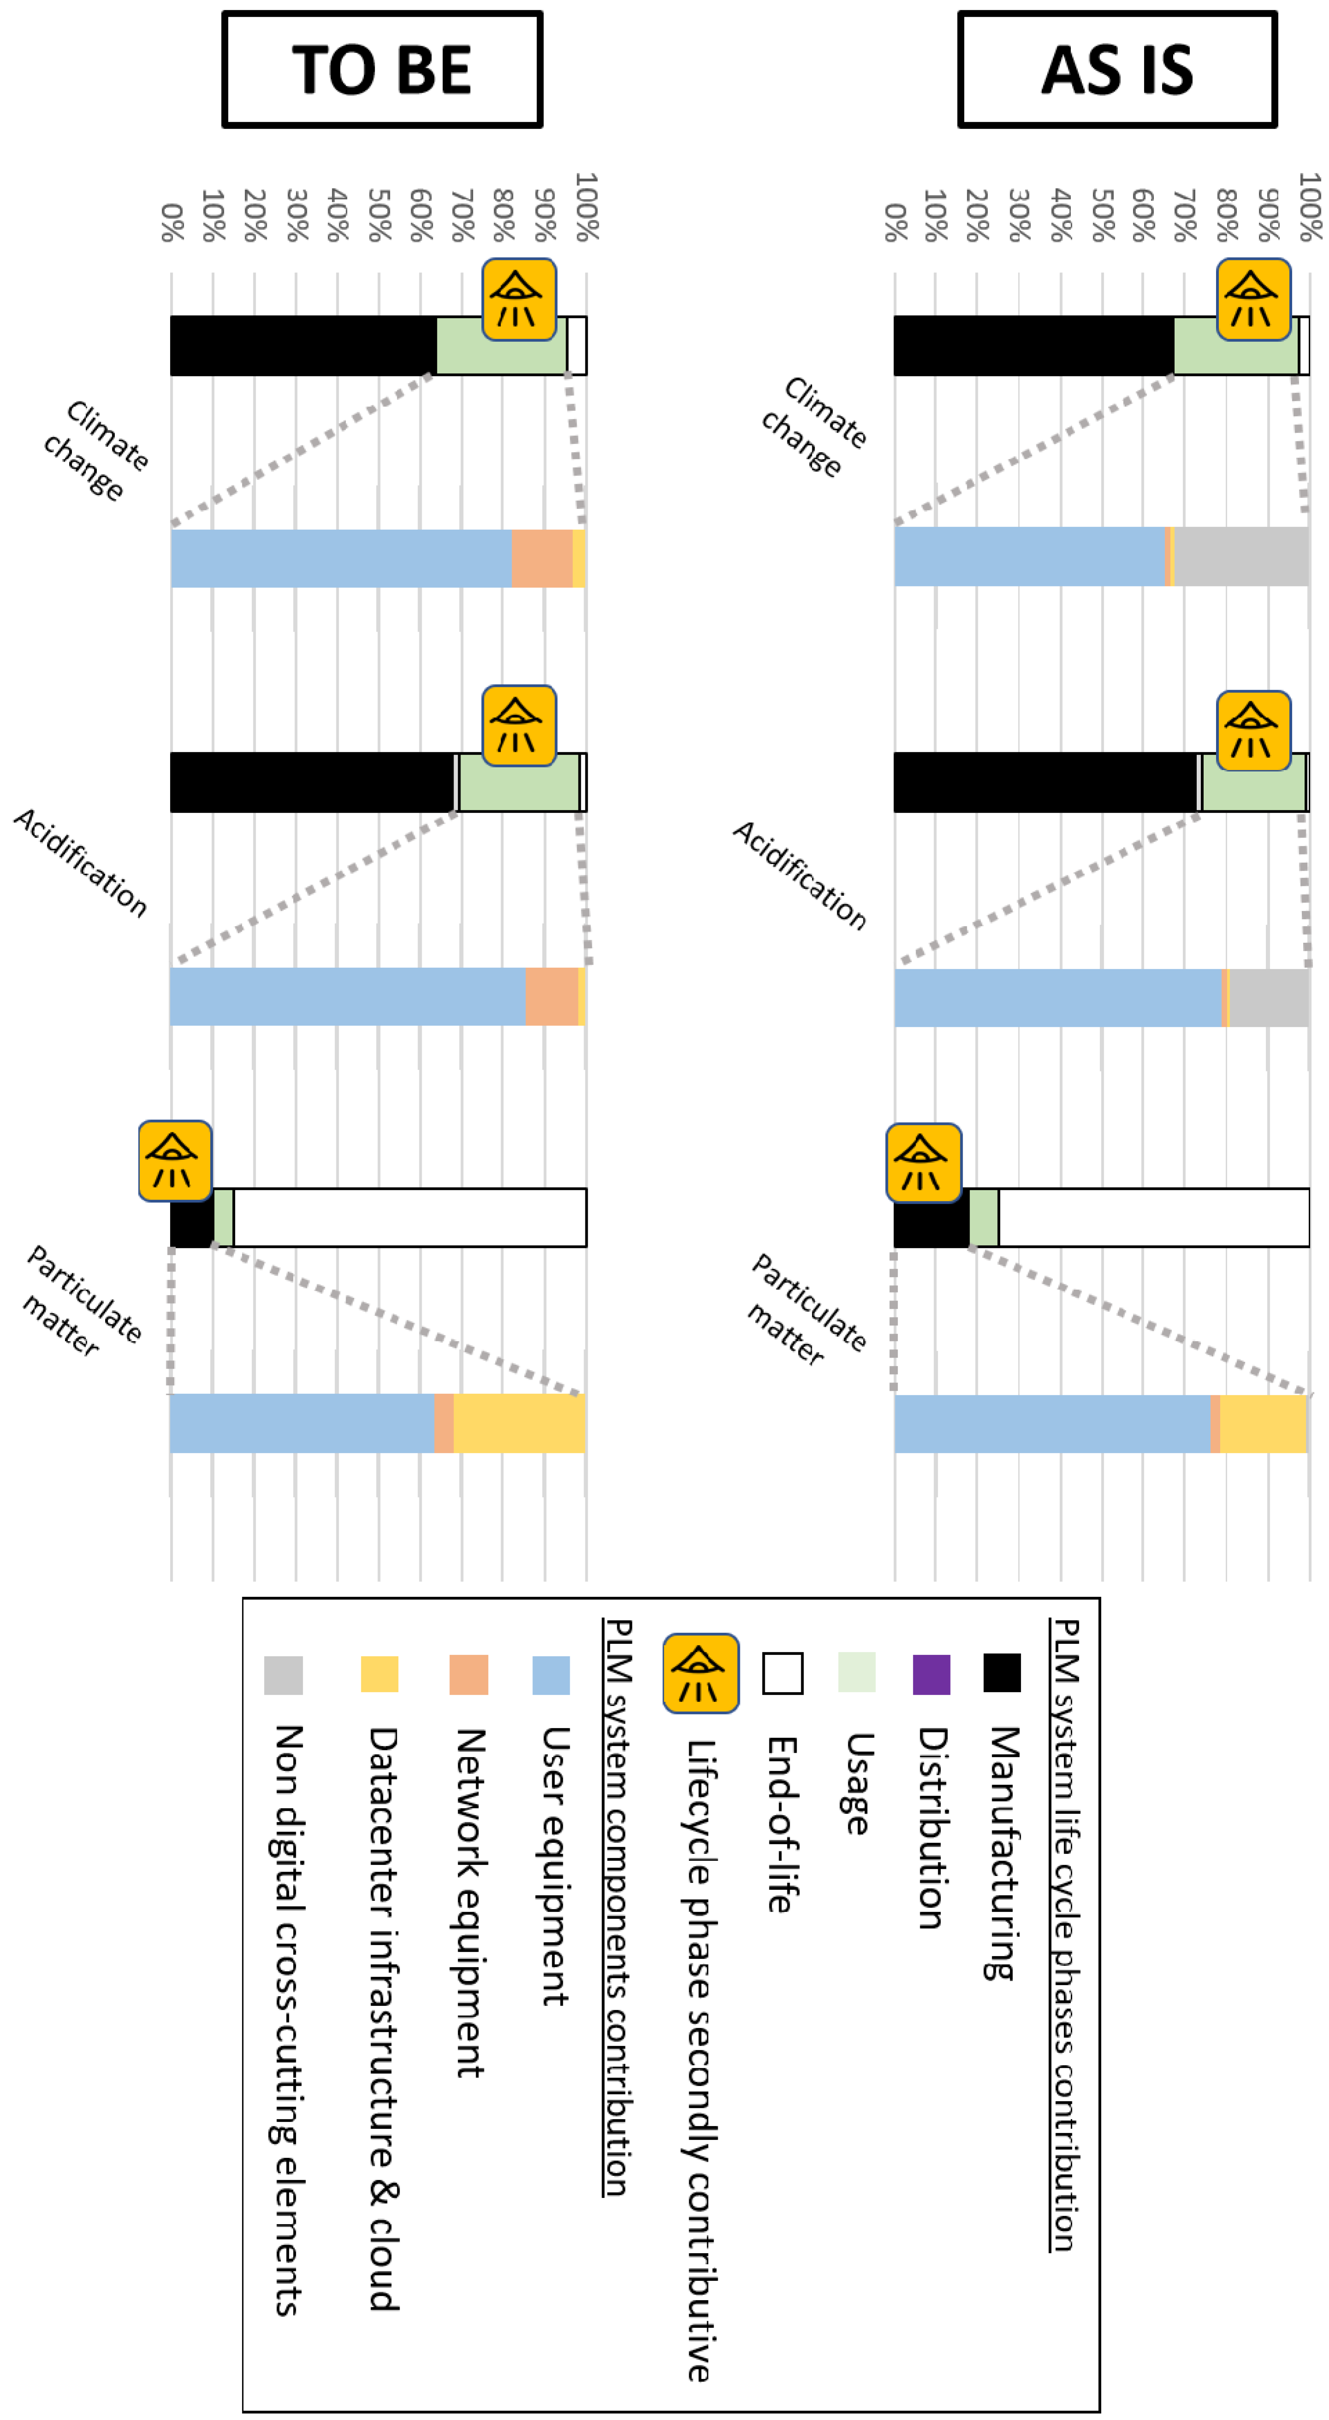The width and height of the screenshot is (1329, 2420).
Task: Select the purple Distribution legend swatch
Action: pos(932,1674)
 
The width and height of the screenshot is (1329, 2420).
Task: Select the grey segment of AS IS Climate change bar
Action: pos(1240,556)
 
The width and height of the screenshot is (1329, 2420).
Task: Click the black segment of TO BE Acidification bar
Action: pos(310,782)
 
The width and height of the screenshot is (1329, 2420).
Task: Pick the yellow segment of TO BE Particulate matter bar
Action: pos(519,1423)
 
